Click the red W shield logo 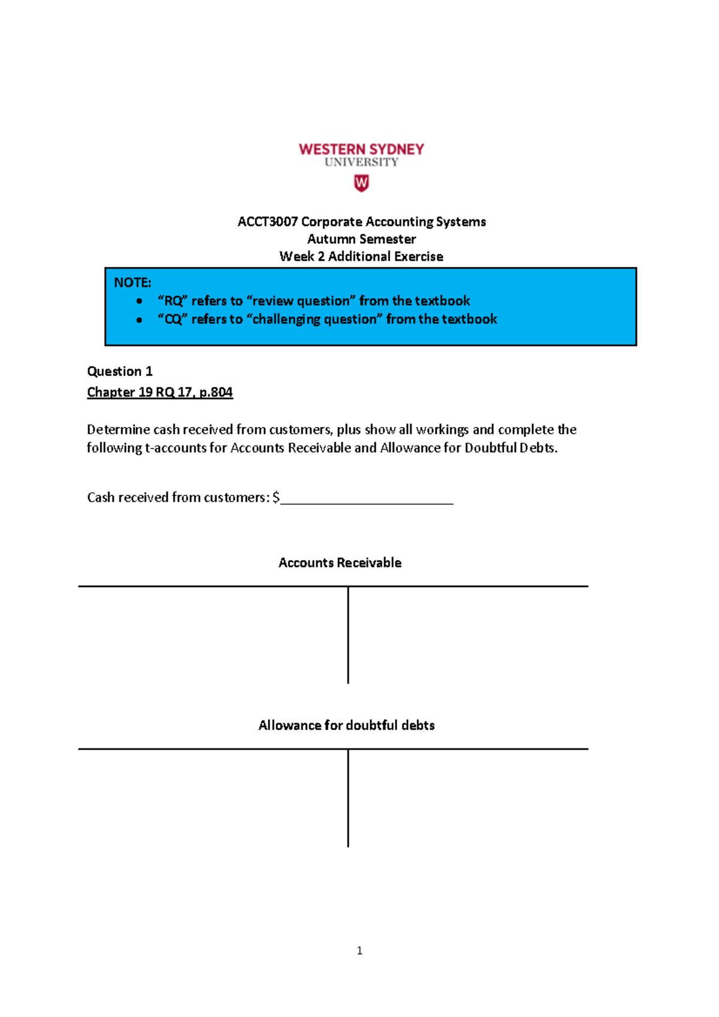361,183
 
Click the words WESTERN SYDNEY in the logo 361,149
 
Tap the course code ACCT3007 267,222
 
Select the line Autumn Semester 361,239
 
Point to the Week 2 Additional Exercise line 361,256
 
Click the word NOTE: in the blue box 132,283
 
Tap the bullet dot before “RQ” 140,301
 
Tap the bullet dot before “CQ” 140,320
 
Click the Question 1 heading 120,371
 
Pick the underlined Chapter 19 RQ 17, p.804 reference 160,392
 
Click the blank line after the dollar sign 367,500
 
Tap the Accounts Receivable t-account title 340,563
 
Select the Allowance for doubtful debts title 346,725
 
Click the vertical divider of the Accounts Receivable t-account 348,635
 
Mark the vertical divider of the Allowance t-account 348,798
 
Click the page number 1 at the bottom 359,951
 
